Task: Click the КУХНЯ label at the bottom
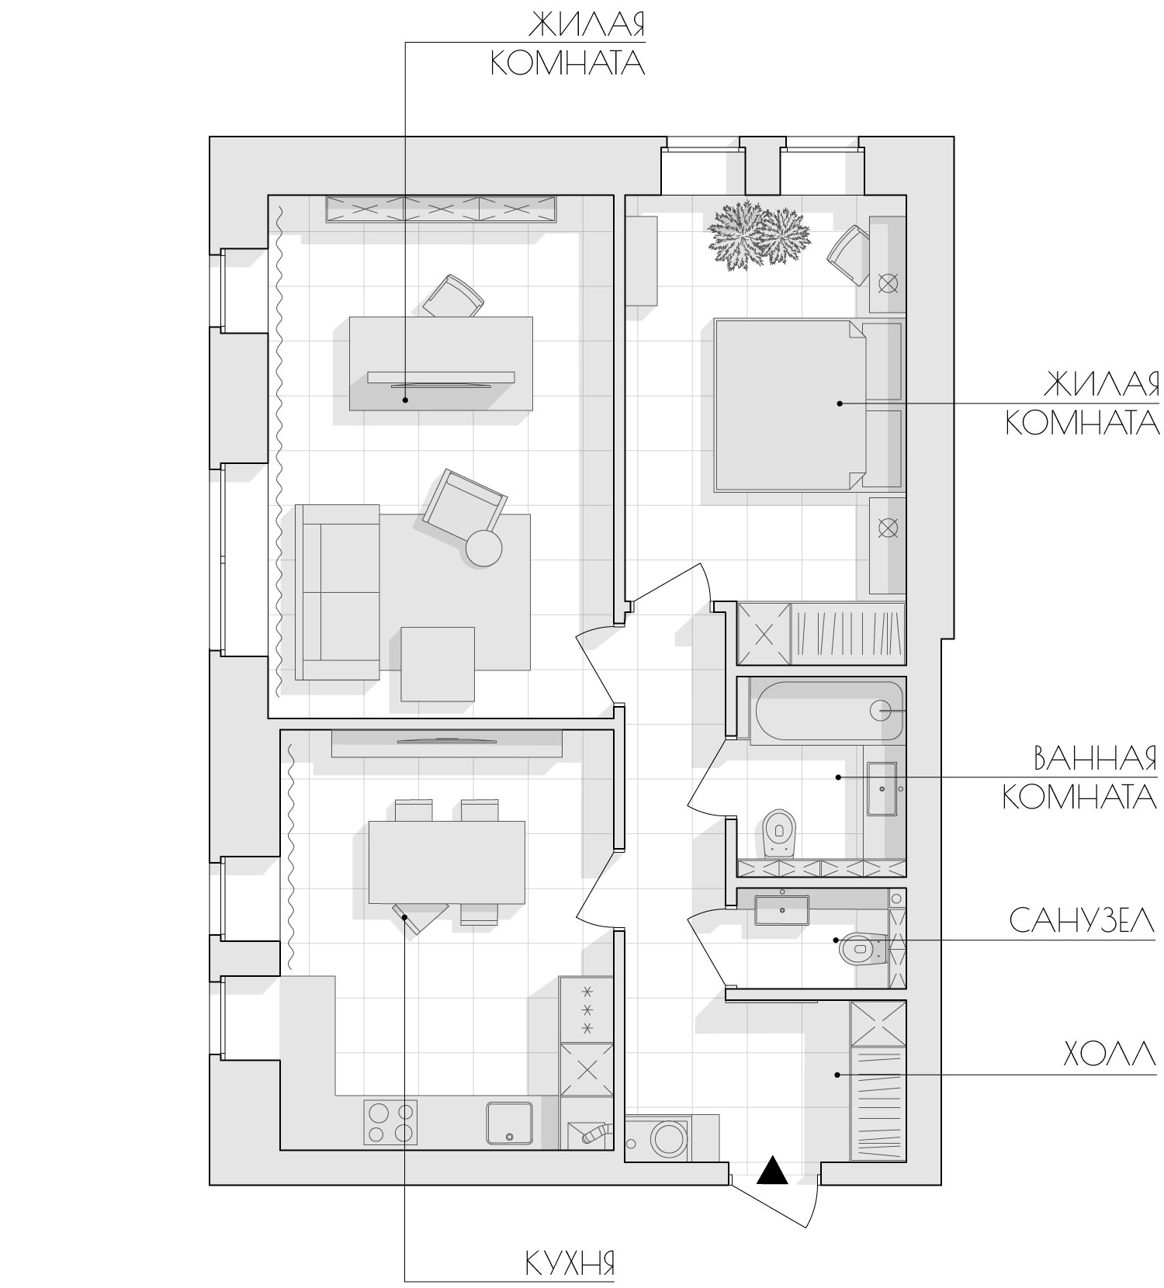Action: click(570, 1263)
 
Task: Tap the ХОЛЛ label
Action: click(1110, 1055)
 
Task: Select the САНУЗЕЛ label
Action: click(1082, 921)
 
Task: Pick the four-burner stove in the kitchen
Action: click(390, 1122)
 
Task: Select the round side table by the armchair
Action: click(483, 549)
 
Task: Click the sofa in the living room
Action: click(338, 592)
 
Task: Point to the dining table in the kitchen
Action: click(446, 862)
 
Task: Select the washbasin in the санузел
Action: click(782, 909)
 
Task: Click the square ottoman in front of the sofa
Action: click(438, 664)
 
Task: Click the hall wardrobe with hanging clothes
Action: click(878, 1103)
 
